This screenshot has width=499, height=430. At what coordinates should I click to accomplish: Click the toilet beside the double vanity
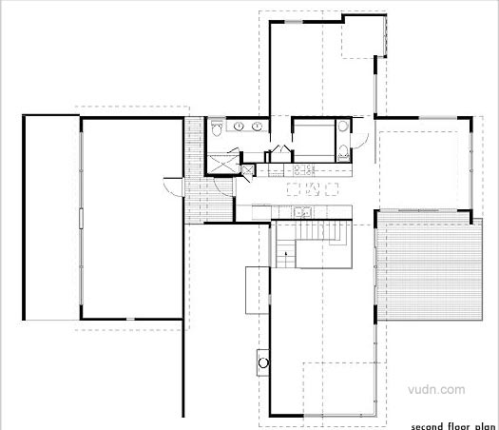coord(218,128)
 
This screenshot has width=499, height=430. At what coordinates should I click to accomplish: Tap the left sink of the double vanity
coord(239,127)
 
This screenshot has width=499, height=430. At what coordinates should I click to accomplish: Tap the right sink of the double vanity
coord(257,127)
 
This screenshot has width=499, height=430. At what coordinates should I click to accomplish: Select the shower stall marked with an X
coord(223,164)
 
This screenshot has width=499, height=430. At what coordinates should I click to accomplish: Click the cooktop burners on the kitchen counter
coord(303,169)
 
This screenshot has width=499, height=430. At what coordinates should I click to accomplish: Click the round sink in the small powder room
coord(343,127)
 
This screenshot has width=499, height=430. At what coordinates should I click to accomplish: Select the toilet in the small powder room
coord(343,151)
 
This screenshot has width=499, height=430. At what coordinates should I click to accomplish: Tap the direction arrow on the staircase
coord(286,254)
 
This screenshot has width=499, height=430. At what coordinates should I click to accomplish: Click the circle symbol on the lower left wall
coord(263,362)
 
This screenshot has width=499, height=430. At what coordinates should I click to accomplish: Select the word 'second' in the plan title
coord(427,426)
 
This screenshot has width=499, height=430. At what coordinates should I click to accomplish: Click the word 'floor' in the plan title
coord(459,426)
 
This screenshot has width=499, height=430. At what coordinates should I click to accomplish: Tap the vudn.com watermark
coord(436,389)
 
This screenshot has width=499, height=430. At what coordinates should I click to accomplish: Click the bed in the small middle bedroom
coord(314,141)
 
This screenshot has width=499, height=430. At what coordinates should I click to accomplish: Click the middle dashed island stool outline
coord(312,189)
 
